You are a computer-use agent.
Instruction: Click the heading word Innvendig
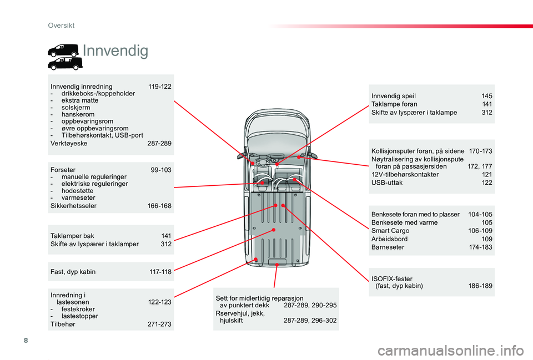click(115, 51)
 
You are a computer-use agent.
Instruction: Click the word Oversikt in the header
click(61, 26)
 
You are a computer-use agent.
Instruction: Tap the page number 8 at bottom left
click(26, 340)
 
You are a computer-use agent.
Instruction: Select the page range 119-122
click(160, 87)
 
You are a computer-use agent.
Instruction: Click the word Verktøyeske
click(69, 143)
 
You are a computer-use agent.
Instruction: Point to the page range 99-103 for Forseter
click(161, 170)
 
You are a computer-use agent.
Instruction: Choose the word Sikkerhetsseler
click(73, 206)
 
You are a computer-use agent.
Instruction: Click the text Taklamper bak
click(72, 236)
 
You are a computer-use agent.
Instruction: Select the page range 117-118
click(160, 272)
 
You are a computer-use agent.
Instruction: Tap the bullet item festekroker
click(78, 309)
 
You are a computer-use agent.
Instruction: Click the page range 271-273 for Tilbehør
click(159, 324)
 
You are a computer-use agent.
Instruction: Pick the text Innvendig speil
click(394, 96)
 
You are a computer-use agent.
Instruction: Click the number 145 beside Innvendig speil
click(487, 96)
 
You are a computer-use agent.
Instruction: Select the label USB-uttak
click(387, 182)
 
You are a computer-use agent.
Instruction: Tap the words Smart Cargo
click(390, 231)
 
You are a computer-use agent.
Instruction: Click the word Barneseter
click(388, 247)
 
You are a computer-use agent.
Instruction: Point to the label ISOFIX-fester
click(392, 279)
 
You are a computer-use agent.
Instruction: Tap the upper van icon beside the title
click(63, 50)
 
